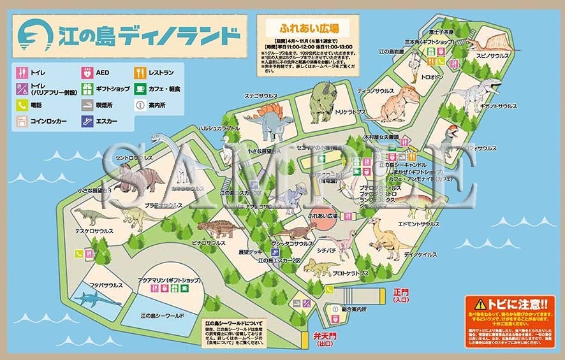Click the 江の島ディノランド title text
[148, 35]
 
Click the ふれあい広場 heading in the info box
[309, 29]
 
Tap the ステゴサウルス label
[261, 96]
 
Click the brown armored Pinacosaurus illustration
[221, 227]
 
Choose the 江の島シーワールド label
[161, 316]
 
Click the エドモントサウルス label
[419, 224]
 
